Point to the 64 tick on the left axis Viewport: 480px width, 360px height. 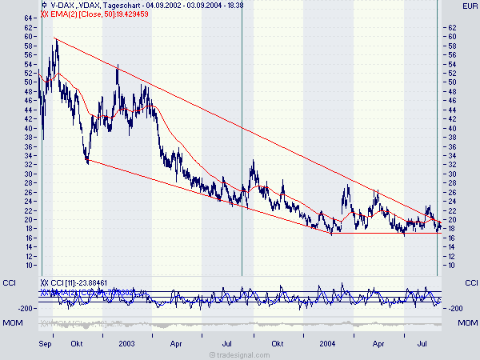(29, 18)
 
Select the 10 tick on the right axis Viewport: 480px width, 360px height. (453, 265)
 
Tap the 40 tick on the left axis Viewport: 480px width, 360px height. (29, 128)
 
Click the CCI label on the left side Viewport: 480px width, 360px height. (10, 282)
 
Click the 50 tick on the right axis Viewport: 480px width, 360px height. (453, 82)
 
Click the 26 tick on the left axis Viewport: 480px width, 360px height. (29, 192)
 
